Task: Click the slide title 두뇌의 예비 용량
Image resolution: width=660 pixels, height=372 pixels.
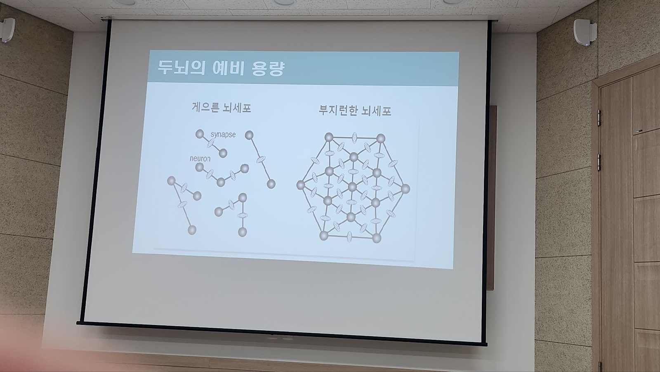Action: (221, 69)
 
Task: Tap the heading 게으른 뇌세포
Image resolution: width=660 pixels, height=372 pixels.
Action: (221, 108)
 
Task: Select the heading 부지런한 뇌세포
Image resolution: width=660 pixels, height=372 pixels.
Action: (355, 110)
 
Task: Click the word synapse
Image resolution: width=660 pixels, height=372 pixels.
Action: (223, 135)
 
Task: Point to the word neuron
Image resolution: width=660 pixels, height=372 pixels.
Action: (200, 159)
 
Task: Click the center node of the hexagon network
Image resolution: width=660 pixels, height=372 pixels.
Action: (352, 187)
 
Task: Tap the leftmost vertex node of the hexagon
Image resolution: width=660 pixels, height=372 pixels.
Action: (301, 185)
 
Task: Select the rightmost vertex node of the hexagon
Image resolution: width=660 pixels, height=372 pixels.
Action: (405, 189)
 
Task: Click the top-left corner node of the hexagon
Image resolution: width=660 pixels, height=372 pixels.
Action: (329, 137)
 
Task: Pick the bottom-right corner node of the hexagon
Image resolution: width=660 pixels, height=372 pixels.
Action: (377, 238)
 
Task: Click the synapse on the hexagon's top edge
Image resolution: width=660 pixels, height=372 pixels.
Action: (355, 137)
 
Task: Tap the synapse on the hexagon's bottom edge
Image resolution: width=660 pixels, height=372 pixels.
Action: (349, 236)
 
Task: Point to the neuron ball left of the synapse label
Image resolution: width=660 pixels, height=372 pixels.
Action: (200, 134)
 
